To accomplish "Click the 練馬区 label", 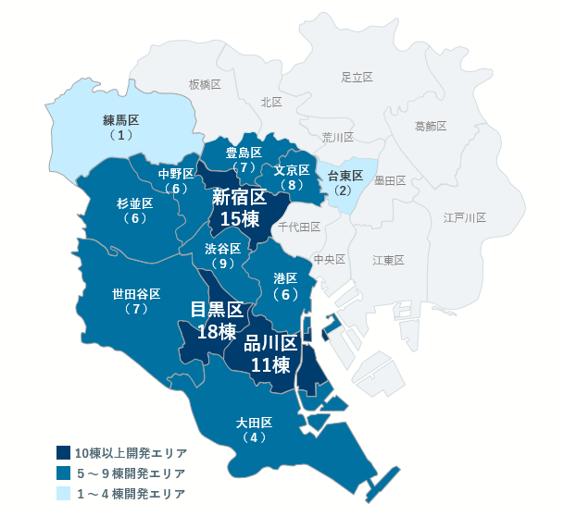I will pos(120,120).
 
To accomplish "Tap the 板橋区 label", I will pos(205,84).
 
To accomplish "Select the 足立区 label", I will pos(357,77).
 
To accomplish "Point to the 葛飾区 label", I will pos(431,125).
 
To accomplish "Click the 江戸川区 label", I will pos(464,217).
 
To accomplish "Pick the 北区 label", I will pos(271,102).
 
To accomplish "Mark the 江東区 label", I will pos(389,260).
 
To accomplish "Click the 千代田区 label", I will pos(298,227).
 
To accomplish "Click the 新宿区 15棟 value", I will pos(239,217).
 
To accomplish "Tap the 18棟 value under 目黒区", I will pos(216,331).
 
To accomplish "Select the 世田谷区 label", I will pos(136,294).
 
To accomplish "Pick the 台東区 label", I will pos(345,176).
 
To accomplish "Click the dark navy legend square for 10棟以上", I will pos(63,453).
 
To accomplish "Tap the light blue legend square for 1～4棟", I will pos(63,494).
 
